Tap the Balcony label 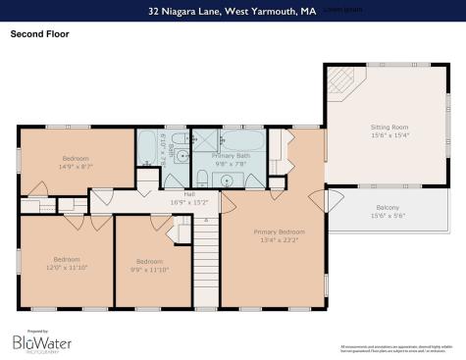[x=388, y=207]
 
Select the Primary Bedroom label [x=277, y=231]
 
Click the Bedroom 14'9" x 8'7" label [x=76, y=158]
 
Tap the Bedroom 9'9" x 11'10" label [x=149, y=261]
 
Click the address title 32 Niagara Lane [x=232, y=11]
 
